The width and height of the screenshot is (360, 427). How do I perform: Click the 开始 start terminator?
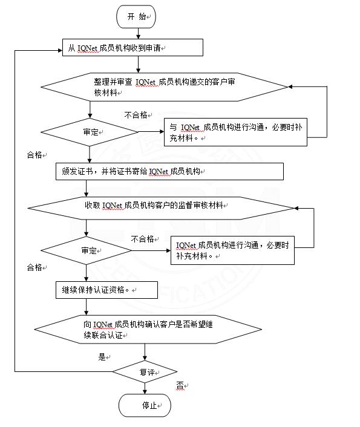(x=136, y=16)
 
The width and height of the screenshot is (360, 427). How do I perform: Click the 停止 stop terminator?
(x=145, y=405)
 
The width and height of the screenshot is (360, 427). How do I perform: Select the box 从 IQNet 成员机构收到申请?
(x=133, y=48)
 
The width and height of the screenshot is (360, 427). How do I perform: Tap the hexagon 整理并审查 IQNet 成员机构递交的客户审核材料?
(x=165, y=87)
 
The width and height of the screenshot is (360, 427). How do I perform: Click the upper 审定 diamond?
(x=90, y=132)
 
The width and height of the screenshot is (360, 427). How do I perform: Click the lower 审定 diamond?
(x=86, y=250)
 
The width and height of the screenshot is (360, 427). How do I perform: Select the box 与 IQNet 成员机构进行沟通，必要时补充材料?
(x=235, y=132)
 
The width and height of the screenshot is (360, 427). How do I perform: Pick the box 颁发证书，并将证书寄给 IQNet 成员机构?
(x=169, y=172)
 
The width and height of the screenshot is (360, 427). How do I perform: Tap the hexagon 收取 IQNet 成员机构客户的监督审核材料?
(x=161, y=208)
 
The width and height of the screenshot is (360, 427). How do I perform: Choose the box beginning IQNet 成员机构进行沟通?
(x=232, y=250)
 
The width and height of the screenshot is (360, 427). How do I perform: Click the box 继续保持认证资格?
(x=107, y=290)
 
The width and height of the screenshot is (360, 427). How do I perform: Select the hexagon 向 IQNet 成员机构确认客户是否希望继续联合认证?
(x=148, y=330)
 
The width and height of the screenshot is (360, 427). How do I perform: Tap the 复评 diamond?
(x=145, y=372)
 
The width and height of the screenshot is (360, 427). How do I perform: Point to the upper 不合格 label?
(x=136, y=115)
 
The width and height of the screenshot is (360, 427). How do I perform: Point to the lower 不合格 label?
(x=143, y=239)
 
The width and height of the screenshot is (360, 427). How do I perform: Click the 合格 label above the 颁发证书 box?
(x=34, y=155)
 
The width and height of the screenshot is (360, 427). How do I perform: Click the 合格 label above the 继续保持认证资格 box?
(x=34, y=267)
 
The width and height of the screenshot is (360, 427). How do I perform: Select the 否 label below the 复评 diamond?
(x=180, y=386)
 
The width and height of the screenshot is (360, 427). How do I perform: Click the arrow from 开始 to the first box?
(x=138, y=33)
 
